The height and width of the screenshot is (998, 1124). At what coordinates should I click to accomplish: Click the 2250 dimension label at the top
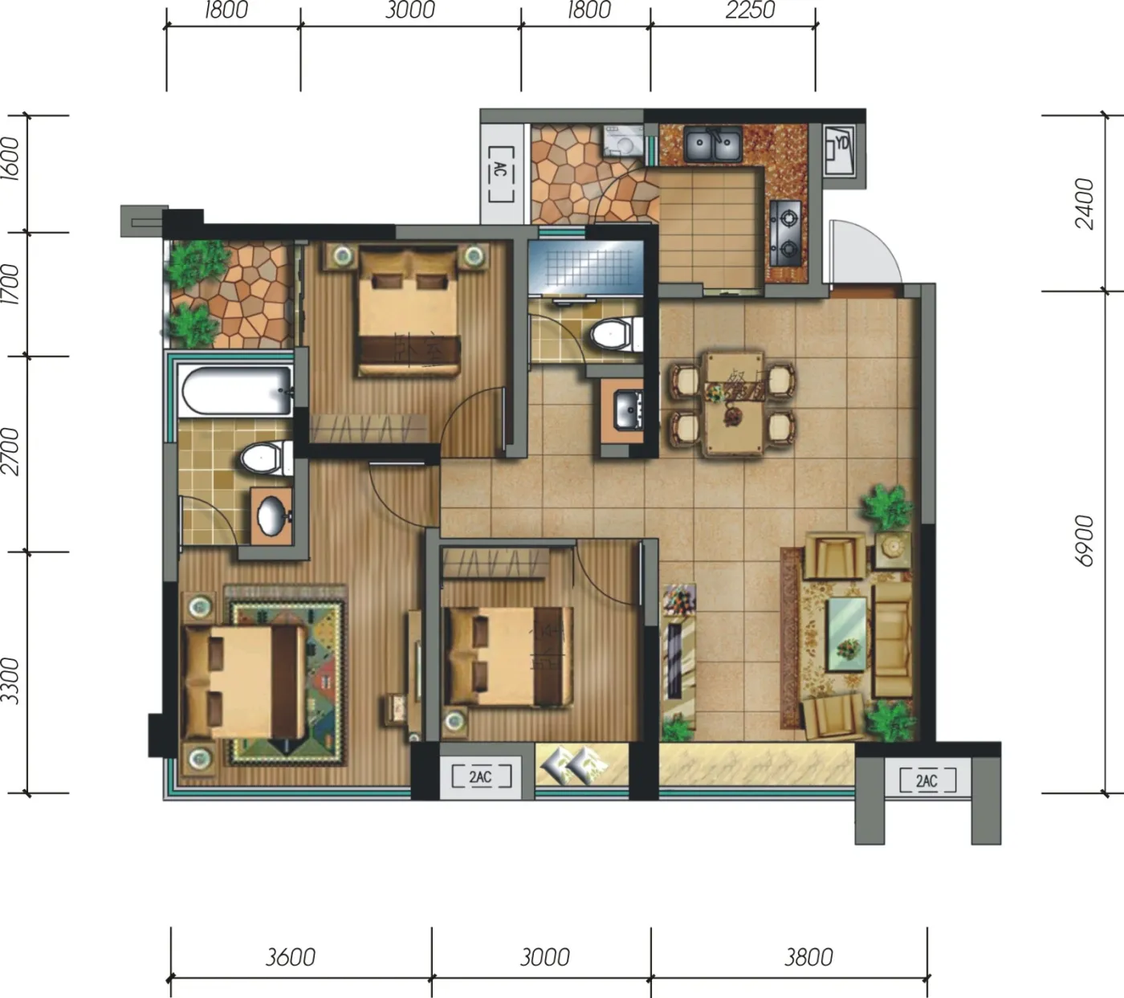pyautogui.click(x=750, y=10)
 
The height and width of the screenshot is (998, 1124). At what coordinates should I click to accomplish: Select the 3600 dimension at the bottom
pyautogui.click(x=291, y=956)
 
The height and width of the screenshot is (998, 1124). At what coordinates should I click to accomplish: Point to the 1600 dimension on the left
pyautogui.click(x=10, y=158)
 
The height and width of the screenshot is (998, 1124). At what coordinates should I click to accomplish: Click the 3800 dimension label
pyautogui.click(x=808, y=956)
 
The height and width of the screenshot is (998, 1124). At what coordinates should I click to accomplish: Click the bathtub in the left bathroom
pyautogui.click(x=236, y=392)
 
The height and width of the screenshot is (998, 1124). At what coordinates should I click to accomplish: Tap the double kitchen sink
pyautogui.click(x=713, y=145)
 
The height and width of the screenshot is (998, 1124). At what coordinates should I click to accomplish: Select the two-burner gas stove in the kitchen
pyautogui.click(x=786, y=232)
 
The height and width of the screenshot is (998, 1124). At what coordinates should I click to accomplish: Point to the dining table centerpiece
pyautogui.click(x=731, y=415)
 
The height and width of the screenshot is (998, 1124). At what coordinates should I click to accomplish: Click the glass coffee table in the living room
pyautogui.click(x=847, y=634)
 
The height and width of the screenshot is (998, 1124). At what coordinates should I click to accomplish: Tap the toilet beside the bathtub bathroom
pyautogui.click(x=267, y=458)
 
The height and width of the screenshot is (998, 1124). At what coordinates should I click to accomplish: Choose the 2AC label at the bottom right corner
pyautogui.click(x=926, y=780)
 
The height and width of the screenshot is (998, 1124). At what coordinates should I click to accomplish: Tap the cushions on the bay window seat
pyautogui.click(x=572, y=766)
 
